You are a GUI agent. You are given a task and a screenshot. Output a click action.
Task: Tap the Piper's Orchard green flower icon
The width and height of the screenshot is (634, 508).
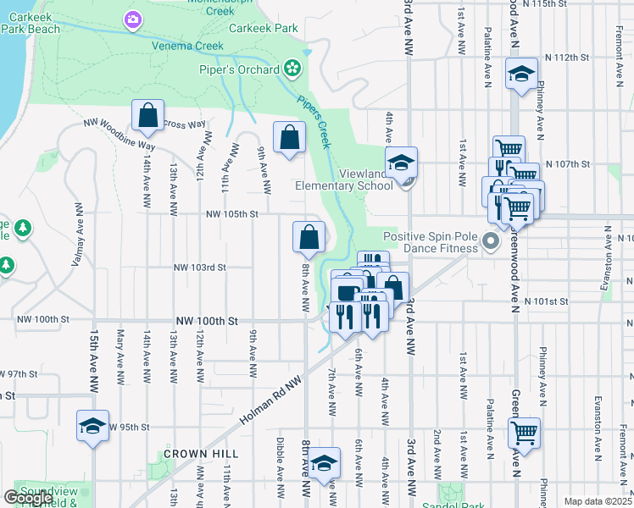tap(292, 67)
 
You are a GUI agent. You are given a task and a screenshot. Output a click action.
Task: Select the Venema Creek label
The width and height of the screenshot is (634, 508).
tap(188, 46)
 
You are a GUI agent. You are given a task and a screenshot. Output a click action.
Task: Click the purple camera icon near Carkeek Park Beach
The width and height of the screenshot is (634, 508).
tap(131, 19)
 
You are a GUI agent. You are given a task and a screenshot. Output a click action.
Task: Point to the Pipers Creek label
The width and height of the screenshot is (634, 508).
tap(313, 121)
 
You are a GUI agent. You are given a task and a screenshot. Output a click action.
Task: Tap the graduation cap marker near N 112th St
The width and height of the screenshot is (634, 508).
tap(521, 74)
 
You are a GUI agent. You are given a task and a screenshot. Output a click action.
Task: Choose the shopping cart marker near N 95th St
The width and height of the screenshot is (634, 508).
tap(526, 433)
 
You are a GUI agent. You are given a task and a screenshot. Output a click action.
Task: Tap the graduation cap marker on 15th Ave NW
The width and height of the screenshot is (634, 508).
tap(92, 426)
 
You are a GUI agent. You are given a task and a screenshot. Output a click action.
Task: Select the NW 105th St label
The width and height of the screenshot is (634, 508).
tap(231, 214)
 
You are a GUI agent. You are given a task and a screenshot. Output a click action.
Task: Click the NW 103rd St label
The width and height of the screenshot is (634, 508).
tap(200, 268)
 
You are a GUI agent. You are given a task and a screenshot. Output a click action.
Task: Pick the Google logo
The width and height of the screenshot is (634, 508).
tap(28, 498)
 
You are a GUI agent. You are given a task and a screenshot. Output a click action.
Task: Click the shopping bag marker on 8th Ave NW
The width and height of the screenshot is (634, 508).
tap(309, 238)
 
